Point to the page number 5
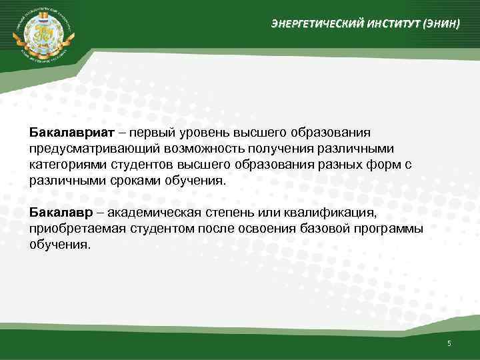tap(449, 343)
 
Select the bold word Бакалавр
tap(57, 213)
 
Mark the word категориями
tap(65, 164)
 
